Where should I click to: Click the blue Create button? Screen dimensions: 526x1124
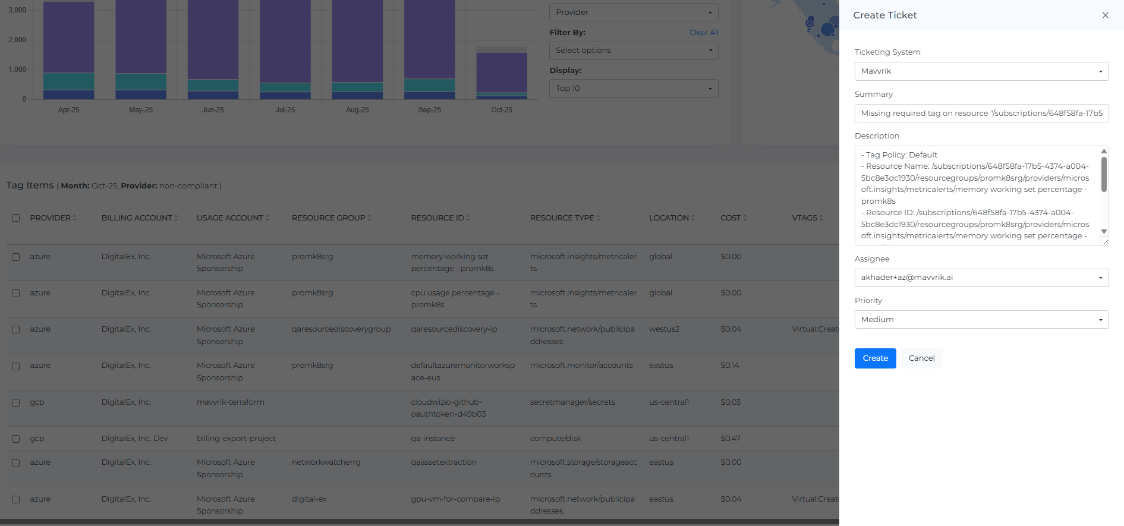tap(875, 358)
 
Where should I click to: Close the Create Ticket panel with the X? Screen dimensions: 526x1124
tap(1105, 15)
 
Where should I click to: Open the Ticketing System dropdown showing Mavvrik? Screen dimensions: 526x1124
tap(981, 71)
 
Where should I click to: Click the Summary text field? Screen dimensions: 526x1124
tap(981, 114)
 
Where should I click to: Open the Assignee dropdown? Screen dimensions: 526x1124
tap(981, 278)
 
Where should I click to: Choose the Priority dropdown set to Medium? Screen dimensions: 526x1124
tap(981, 320)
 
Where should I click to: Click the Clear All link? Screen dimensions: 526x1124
tap(704, 33)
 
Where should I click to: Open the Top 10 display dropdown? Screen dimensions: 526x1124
tap(634, 89)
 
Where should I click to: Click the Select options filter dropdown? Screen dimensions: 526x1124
tap(634, 51)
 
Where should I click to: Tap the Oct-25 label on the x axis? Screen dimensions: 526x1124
tap(502, 110)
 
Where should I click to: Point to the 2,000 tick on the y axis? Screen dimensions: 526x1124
tap(17, 40)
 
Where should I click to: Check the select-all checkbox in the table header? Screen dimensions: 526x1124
tap(16, 218)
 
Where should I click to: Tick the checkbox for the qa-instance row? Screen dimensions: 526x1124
tap(16, 439)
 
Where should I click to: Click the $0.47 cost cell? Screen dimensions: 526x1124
tap(731, 439)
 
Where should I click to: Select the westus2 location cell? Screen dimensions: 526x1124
tap(664, 329)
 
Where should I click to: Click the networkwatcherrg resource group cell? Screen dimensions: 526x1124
tap(326, 462)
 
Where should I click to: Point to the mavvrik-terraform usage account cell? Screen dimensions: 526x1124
tap(231, 402)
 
